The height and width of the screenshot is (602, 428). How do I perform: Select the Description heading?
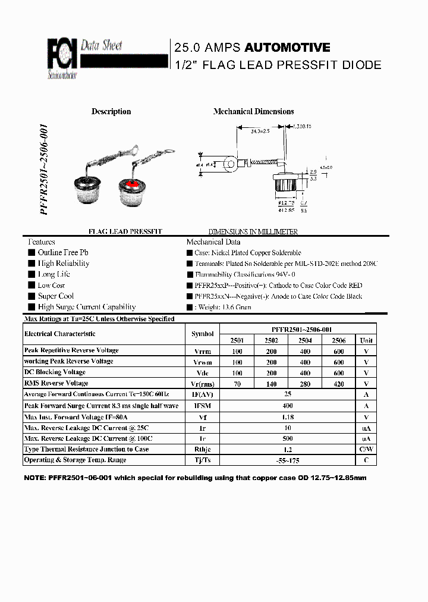tap(111, 111)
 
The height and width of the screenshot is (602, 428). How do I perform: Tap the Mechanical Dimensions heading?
tap(253, 111)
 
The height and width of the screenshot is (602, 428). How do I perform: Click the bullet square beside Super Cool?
tap(31, 296)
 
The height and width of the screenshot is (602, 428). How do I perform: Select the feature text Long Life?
tap(53, 274)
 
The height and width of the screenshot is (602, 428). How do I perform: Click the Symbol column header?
tap(203, 334)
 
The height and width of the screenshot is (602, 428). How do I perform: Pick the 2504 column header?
tap(305, 340)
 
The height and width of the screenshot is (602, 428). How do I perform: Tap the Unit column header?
tap(366, 340)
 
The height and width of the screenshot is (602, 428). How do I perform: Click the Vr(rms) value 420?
tap(339, 384)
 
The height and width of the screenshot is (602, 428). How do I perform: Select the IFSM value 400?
tap(288, 406)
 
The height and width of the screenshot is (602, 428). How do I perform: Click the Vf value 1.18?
tap(288, 417)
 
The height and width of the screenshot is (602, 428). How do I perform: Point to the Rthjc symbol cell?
tap(203, 450)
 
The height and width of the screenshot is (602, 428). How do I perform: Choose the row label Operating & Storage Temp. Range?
tap(75, 460)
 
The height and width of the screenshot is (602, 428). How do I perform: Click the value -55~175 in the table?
tap(288, 460)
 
